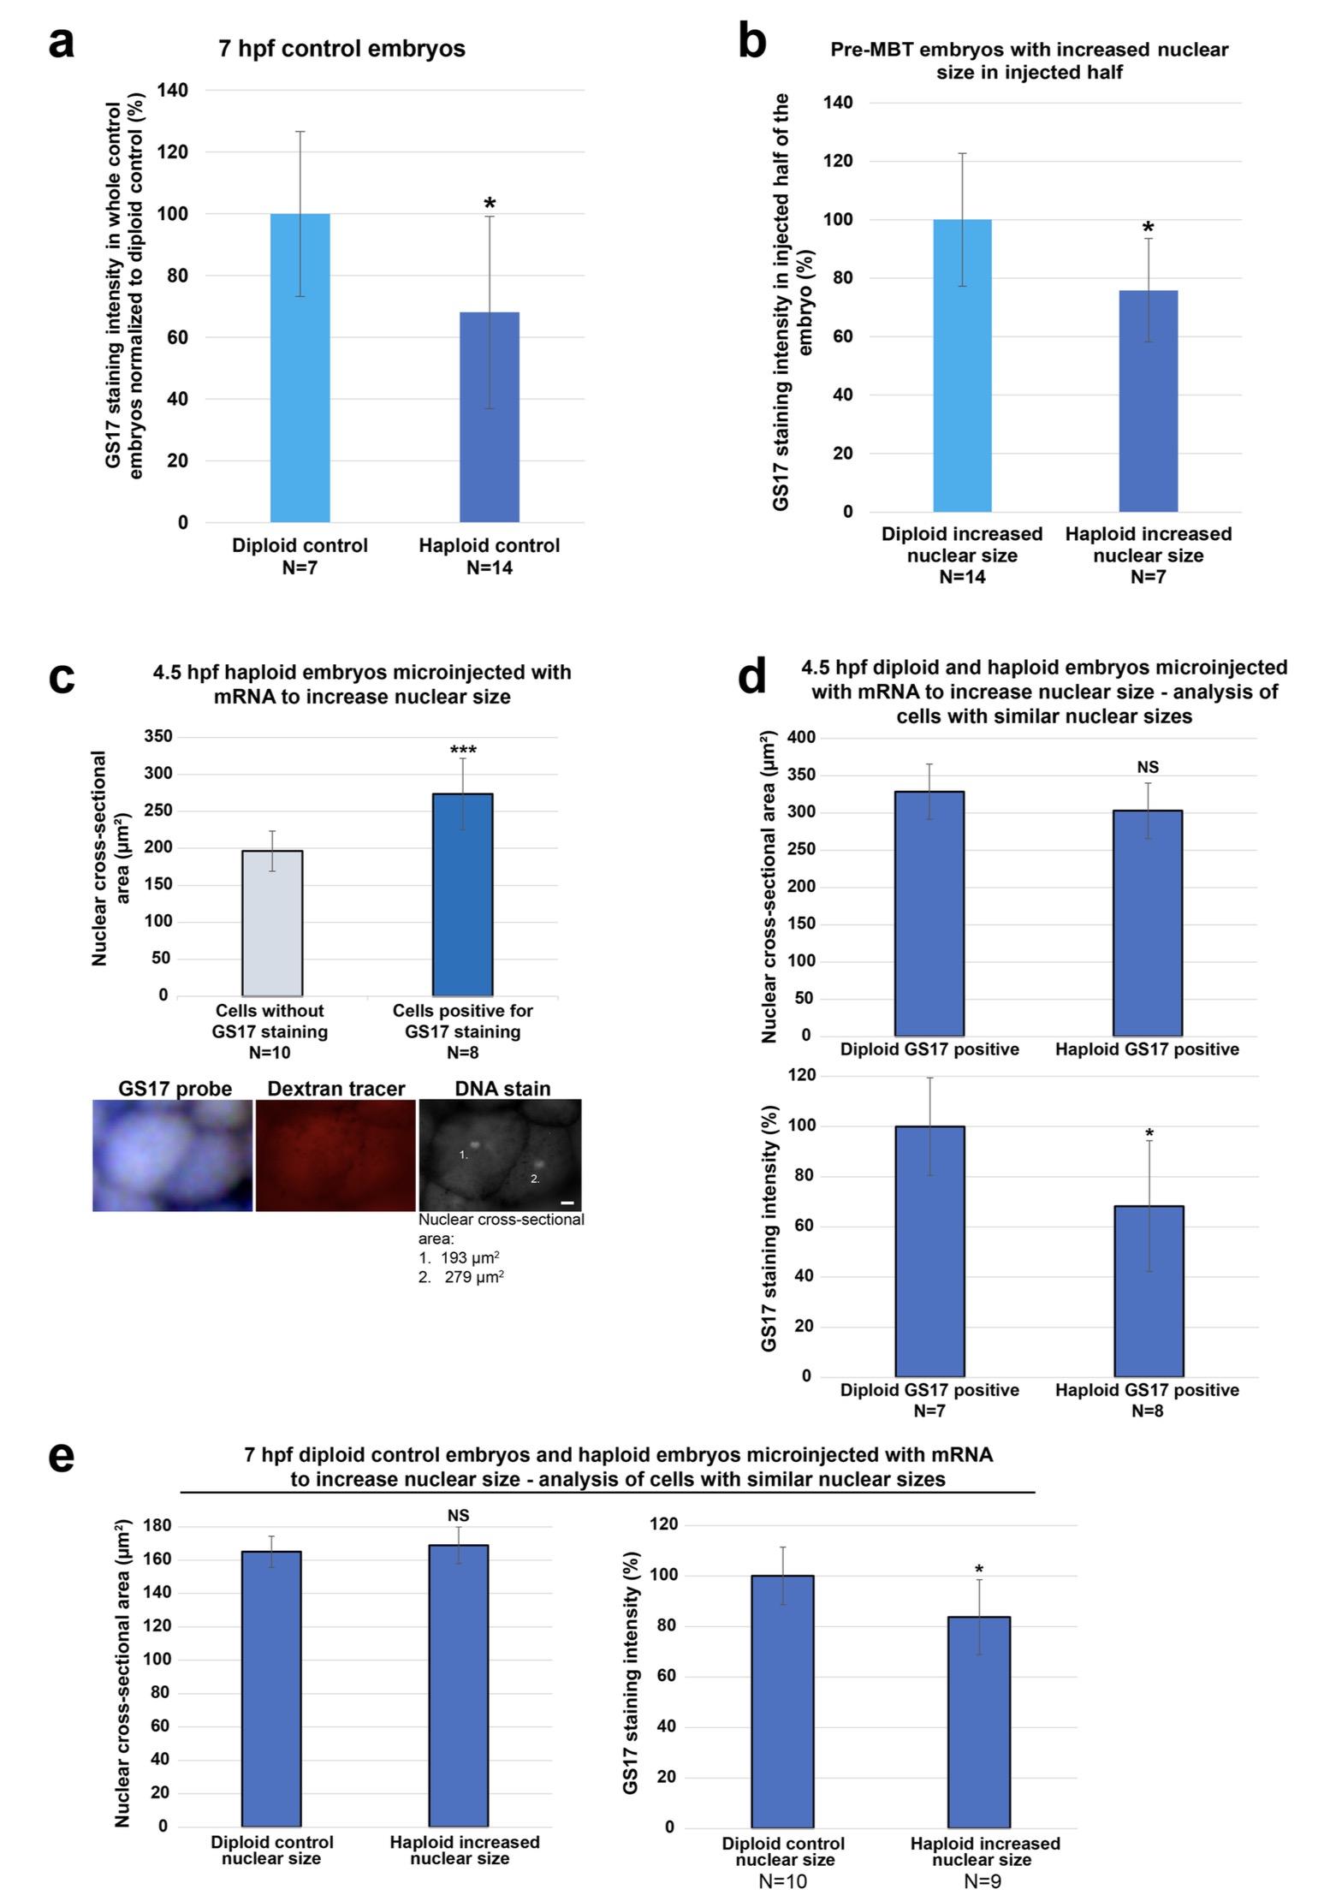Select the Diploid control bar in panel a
click(x=300, y=368)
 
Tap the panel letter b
click(x=751, y=43)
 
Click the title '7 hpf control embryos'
click(x=341, y=49)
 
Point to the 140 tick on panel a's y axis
click(x=173, y=90)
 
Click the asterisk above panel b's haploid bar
click(x=1149, y=228)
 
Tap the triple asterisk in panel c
click(x=463, y=751)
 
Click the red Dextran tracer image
click(x=335, y=1155)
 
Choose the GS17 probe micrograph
click(x=173, y=1155)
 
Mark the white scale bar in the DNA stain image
click(x=567, y=1203)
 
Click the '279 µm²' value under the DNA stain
click(x=473, y=1277)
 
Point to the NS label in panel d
click(x=1148, y=768)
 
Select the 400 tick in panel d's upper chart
click(x=802, y=737)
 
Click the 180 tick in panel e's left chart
click(x=159, y=1526)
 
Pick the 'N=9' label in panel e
click(x=983, y=1881)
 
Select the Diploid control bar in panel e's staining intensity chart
click(x=782, y=1701)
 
